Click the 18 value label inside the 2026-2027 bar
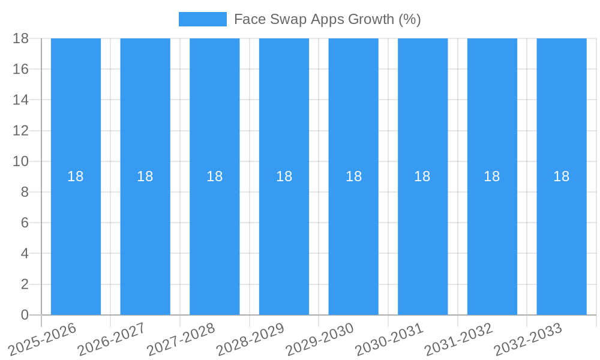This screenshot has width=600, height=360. (145, 176)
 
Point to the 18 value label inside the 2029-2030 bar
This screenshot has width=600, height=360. (353, 176)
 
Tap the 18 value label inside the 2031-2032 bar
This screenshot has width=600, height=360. (492, 176)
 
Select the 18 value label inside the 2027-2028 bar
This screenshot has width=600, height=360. (215, 176)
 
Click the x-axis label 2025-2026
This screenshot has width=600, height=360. (43, 339)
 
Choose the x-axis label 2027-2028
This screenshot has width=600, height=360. (181, 339)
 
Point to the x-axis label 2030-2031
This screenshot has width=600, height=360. (389, 339)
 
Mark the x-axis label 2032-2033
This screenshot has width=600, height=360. (528, 339)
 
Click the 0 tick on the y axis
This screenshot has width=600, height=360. (25, 315)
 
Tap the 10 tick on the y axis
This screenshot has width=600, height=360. (21, 161)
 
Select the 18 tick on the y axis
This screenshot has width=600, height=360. (21, 38)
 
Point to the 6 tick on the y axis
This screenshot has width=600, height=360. (25, 223)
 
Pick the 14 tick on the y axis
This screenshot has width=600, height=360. (21, 100)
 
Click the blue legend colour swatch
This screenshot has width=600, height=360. (203, 19)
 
